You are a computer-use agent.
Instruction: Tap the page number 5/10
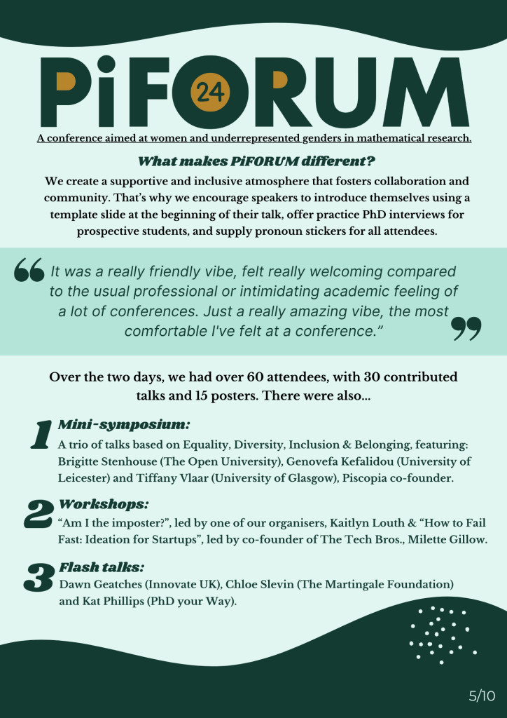pos(482,696)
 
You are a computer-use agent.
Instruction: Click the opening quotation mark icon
pos(29,270)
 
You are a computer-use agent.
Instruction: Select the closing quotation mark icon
pos(466,327)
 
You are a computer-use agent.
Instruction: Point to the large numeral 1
pos(40,435)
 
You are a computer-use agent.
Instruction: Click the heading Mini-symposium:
pos(124,425)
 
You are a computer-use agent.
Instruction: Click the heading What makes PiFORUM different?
pos(253,161)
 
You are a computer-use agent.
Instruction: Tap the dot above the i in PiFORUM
pos(106,65)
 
